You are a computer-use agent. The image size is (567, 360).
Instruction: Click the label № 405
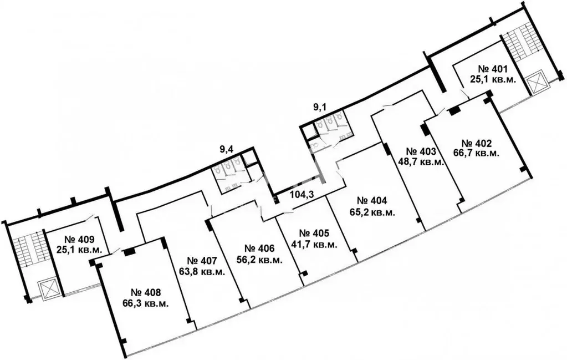(x=314, y=234)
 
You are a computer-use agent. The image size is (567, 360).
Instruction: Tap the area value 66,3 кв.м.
(x=146, y=303)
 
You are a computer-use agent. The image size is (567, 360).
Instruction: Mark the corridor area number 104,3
(x=304, y=194)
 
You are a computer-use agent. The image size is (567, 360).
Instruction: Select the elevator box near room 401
(x=537, y=83)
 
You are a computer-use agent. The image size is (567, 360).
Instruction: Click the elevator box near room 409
(x=47, y=288)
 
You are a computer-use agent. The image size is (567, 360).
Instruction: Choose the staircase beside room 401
(x=519, y=44)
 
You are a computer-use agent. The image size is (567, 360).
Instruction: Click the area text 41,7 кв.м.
(x=314, y=245)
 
